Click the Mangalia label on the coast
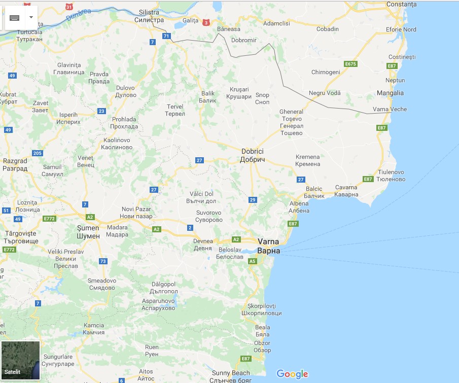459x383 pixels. (x=391, y=93)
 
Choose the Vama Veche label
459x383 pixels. (x=390, y=109)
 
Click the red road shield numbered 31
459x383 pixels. (x=69, y=7)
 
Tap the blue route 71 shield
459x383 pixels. (x=166, y=36)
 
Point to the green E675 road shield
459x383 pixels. (x=350, y=64)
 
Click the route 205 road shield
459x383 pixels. (x=37, y=153)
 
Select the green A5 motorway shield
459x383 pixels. (x=253, y=261)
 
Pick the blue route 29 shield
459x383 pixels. (x=253, y=200)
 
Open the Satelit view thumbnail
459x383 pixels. (x=20, y=360)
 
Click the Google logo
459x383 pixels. (x=292, y=374)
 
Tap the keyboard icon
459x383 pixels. (x=14, y=17)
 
